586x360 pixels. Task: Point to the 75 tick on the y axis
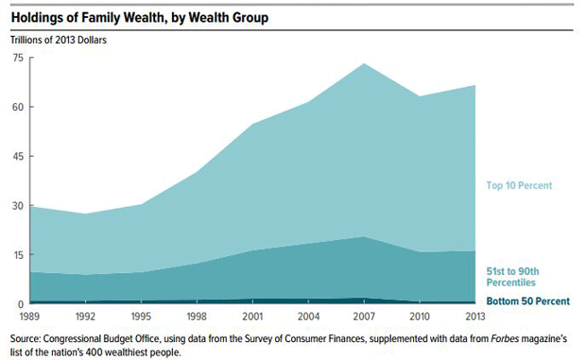[16, 58]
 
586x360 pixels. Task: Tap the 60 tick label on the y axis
[16, 107]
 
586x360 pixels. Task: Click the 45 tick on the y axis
[16, 156]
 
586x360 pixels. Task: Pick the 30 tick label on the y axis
[16, 206]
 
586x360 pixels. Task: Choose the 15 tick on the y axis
[16, 255]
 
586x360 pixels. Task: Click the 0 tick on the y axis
[19, 303]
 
